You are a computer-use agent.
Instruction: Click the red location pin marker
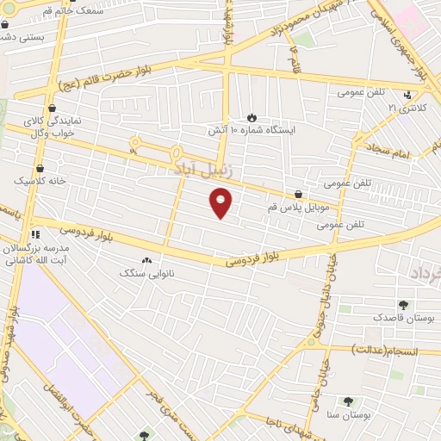point(221,203)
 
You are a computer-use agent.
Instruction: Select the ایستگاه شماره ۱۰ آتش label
point(251,130)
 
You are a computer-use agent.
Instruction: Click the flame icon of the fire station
point(252,116)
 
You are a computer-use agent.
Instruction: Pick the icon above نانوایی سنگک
point(146,259)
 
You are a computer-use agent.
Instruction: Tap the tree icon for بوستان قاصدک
point(403,304)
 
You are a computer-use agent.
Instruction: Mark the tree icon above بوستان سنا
point(348,401)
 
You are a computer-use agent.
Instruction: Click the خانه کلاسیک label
point(38,181)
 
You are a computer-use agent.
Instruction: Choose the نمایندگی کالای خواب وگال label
point(53,127)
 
